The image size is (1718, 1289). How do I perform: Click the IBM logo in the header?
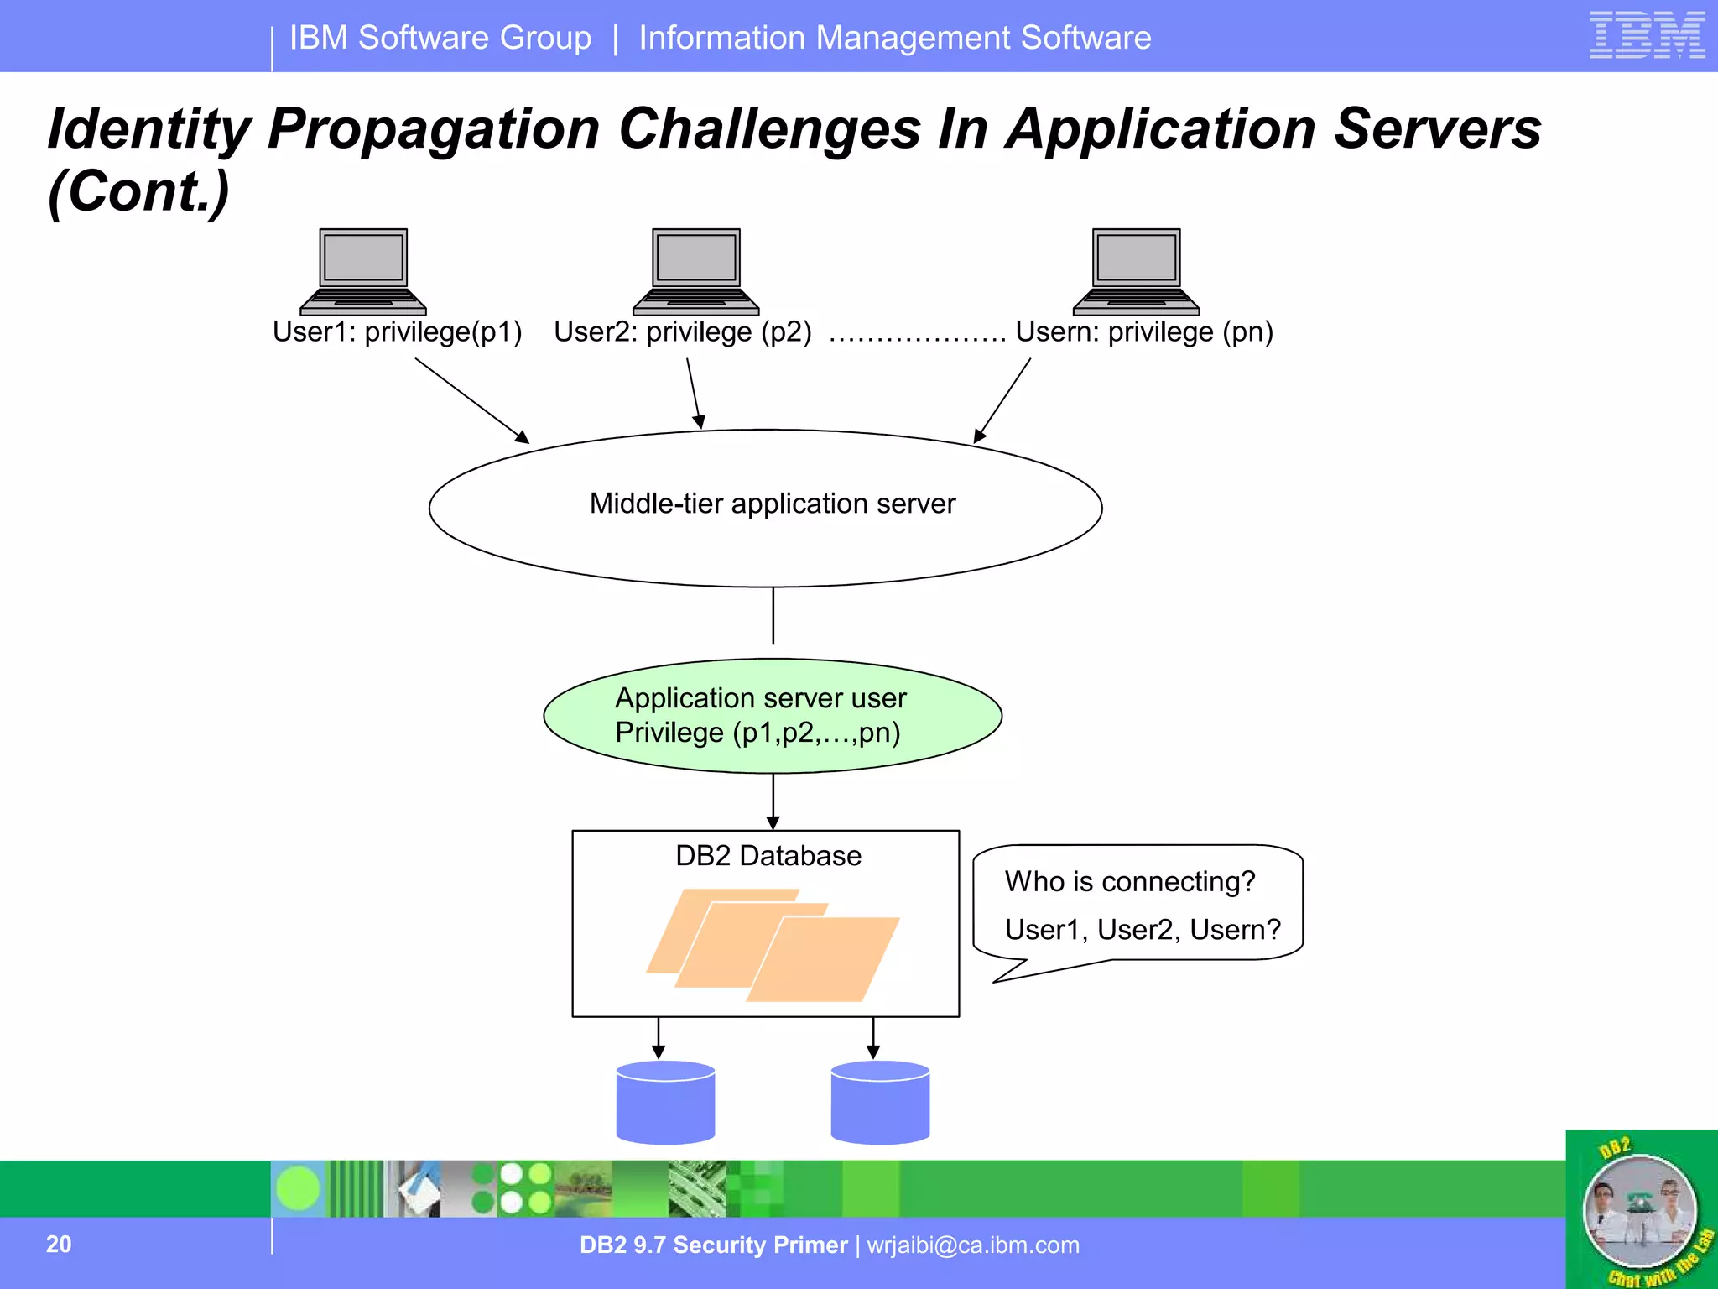pos(1647,35)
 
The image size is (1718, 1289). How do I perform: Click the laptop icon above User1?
pos(363,270)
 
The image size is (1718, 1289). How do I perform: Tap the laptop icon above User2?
pos(695,270)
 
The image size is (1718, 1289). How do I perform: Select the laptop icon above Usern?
pos(1136,270)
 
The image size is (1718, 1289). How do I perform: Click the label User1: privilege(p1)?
pos(397,332)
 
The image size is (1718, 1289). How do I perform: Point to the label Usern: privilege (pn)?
pos(1144,332)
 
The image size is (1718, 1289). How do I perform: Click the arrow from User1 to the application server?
pos(471,400)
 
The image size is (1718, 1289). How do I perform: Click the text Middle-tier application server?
pos(772,504)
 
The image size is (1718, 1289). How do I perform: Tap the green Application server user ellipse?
pos(772,716)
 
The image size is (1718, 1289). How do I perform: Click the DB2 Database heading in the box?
pos(768,856)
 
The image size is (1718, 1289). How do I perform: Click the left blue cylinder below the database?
pos(665,1104)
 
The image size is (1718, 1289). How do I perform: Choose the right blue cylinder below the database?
pos(880,1104)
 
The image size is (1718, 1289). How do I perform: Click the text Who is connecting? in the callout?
pos(1129,882)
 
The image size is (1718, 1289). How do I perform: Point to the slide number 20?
pos(59,1244)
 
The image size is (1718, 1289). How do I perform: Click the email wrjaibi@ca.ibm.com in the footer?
pos(973,1245)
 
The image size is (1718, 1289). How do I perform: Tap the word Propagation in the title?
pos(434,129)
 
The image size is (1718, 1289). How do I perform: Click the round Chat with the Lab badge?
pos(1639,1211)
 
